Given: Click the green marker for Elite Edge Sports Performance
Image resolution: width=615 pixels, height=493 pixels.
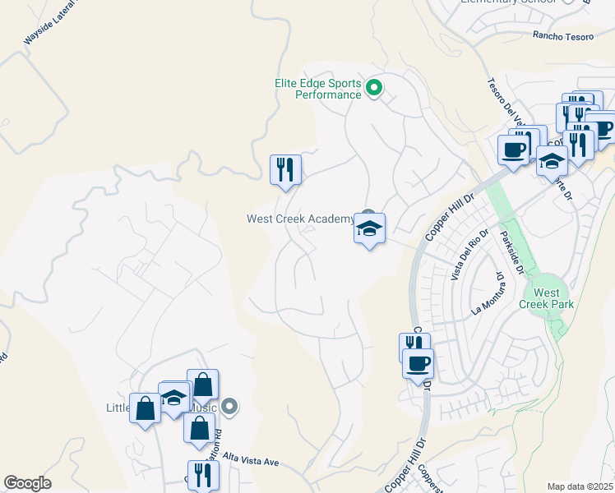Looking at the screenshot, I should click(x=374, y=86).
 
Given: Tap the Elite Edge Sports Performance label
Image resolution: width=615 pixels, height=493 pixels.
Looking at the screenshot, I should click(x=317, y=88).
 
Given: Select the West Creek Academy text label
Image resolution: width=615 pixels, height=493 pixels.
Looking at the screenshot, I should click(x=300, y=219).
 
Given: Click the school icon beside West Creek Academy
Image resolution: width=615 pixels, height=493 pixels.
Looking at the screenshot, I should click(x=370, y=228).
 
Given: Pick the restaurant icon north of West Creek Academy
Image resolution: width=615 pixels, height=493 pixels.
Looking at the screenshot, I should click(x=285, y=170).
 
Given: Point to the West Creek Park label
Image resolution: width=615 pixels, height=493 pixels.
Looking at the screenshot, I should click(x=546, y=298).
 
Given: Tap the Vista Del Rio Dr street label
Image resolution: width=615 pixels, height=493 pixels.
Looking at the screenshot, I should click(x=465, y=260).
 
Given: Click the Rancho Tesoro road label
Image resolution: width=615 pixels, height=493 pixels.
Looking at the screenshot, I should click(x=562, y=35).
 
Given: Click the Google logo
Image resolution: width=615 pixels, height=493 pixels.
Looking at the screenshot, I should click(x=27, y=483).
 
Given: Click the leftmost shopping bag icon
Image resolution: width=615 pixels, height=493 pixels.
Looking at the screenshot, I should click(x=145, y=408).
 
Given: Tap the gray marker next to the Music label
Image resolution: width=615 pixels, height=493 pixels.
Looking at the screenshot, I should click(x=230, y=406).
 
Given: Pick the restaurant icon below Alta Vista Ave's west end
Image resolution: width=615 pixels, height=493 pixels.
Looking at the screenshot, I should click(x=201, y=475).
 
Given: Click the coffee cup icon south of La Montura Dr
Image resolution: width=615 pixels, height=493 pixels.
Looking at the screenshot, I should click(x=418, y=362).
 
